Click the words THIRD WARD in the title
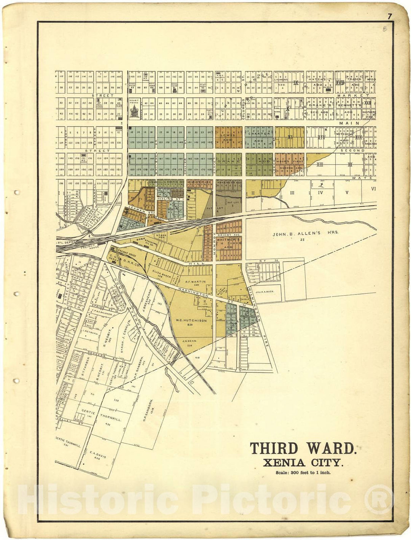303,448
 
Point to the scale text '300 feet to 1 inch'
303,473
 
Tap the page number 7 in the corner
389,16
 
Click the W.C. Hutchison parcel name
191,320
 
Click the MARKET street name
357,95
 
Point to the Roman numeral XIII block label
320,165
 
